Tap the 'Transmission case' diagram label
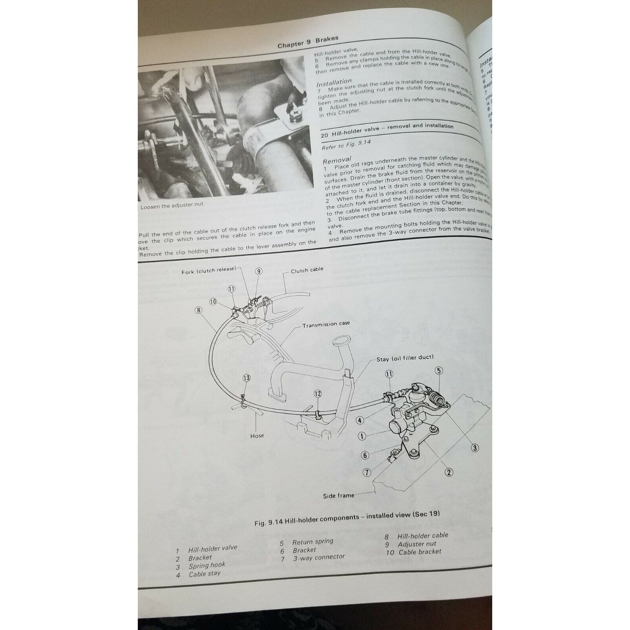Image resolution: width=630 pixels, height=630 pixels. click(326, 324)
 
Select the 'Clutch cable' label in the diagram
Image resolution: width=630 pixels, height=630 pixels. click(307, 270)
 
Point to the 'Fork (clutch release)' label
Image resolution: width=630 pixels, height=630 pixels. click(208, 271)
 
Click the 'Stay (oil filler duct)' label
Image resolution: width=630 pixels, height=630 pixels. click(405, 358)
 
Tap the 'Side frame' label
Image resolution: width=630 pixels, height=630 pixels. click(339, 495)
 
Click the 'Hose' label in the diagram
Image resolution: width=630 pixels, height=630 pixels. click(257, 435)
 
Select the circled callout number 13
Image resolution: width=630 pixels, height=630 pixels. click(246, 378)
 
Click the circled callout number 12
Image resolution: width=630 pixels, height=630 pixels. click(317, 394)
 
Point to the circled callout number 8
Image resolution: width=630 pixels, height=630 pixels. click(199, 310)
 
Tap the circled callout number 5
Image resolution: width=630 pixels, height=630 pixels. click(439, 371)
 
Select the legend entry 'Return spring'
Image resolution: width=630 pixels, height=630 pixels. click(312, 542)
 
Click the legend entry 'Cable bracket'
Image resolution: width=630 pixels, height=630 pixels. click(419, 552)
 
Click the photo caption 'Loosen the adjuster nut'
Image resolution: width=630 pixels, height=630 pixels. click(171, 204)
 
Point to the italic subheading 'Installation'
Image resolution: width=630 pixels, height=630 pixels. click(334, 82)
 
